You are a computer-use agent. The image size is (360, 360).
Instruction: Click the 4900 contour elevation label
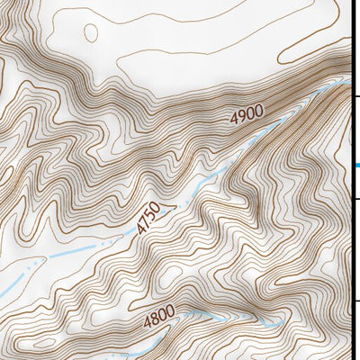(247, 115)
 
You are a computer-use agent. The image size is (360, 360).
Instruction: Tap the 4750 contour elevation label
(148, 219)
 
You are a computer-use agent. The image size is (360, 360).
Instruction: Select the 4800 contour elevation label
(158, 319)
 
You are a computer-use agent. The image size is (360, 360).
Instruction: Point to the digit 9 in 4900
(241, 117)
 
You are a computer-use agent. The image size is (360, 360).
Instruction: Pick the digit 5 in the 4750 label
(152, 214)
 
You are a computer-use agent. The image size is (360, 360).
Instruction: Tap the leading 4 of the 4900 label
(234, 119)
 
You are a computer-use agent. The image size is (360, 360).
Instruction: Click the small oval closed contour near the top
(90, 32)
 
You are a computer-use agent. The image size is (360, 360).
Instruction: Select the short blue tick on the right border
(356, 165)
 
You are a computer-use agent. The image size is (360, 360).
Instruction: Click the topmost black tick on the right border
(355, 96)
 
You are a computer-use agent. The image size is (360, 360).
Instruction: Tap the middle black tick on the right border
(355, 199)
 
